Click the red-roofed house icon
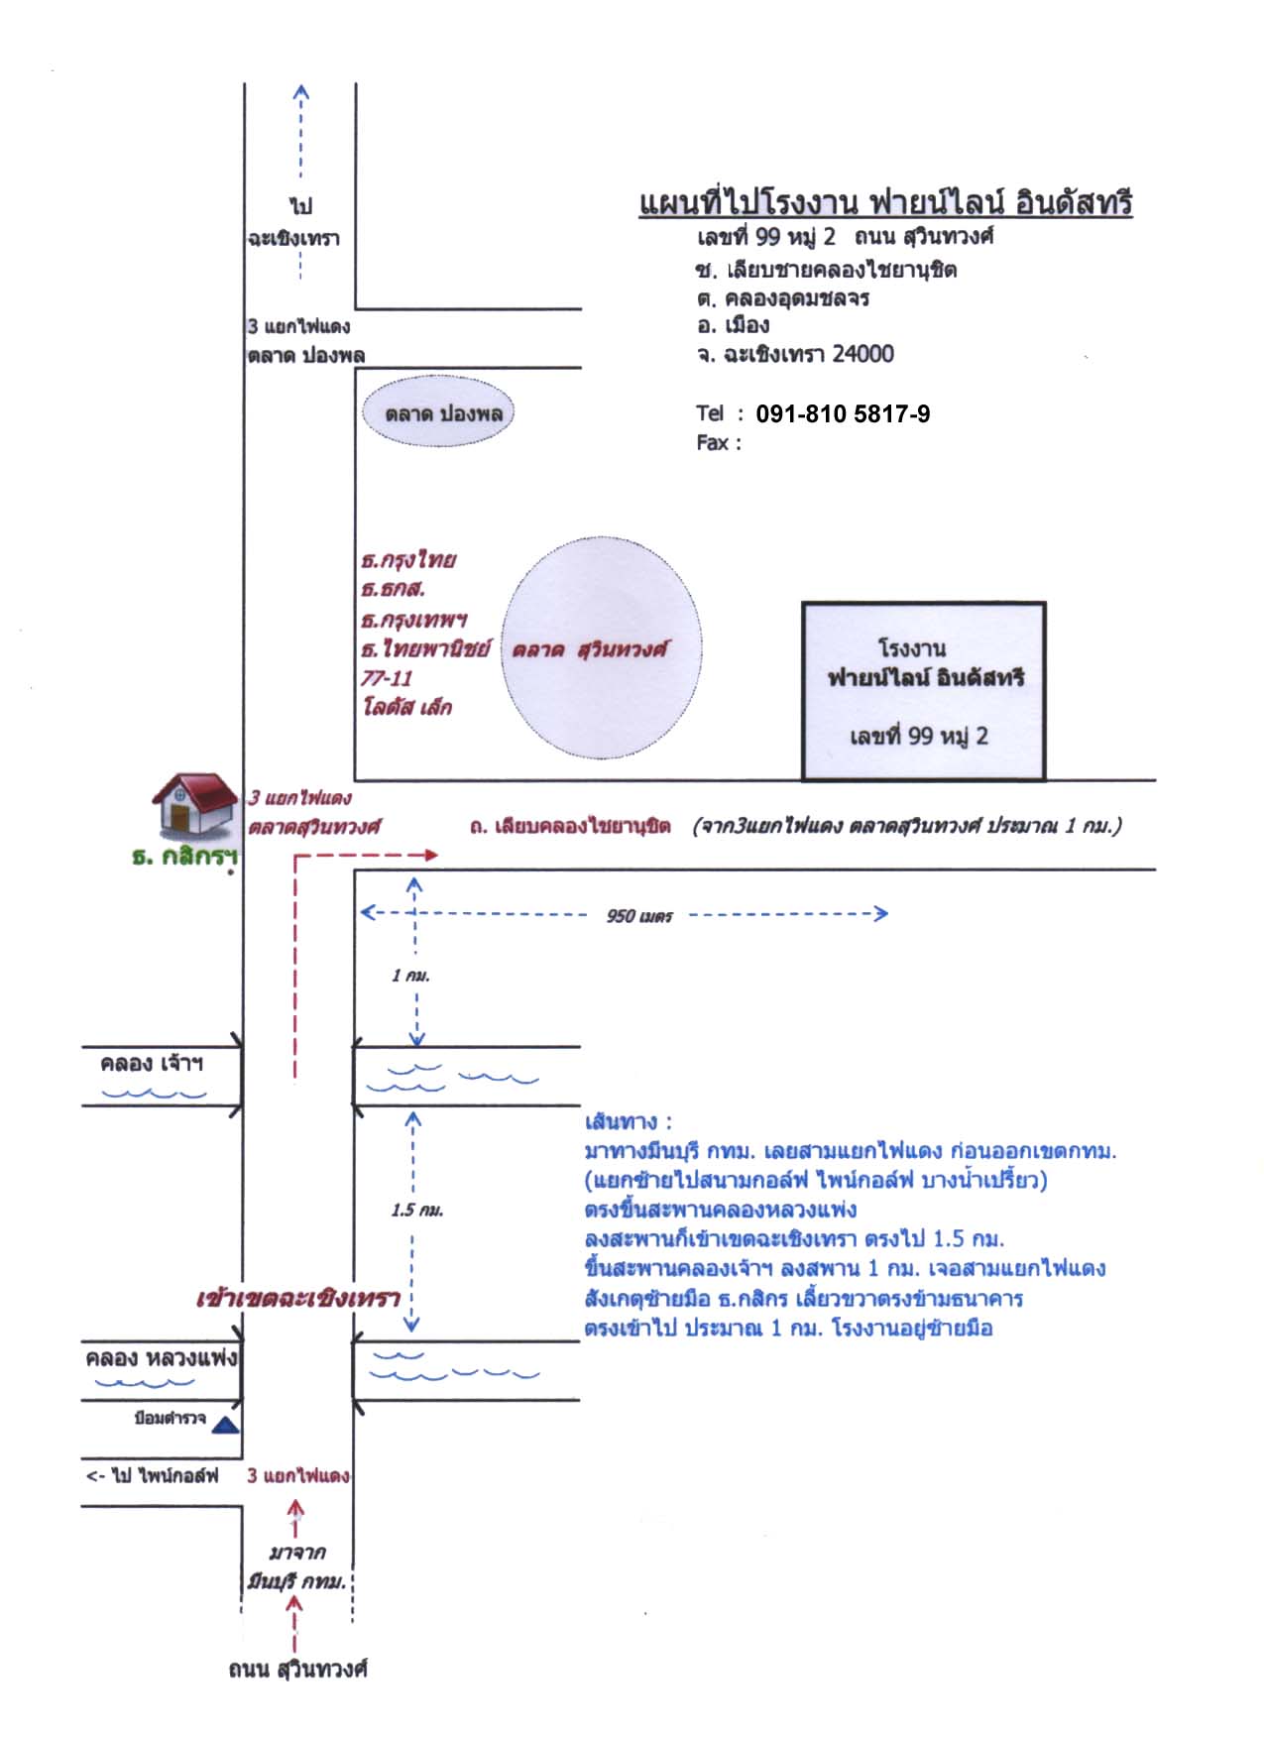(x=195, y=804)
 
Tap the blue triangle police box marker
(x=226, y=1425)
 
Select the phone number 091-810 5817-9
(x=843, y=414)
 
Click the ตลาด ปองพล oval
(x=437, y=412)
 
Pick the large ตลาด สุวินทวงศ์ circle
(x=601, y=648)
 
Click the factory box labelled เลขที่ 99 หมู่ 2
(x=924, y=691)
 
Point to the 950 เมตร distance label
(x=639, y=916)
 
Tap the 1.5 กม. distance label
(x=416, y=1210)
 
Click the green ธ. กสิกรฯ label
(x=184, y=857)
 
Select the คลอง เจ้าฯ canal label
(x=152, y=1064)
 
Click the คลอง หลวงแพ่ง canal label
(x=162, y=1357)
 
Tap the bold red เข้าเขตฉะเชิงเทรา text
(x=297, y=1299)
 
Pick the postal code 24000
(x=862, y=354)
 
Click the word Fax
(x=713, y=442)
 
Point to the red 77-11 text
(x=386, y=678)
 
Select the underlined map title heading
(x=885, y=202)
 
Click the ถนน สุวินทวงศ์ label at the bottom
(x=297, y=1670)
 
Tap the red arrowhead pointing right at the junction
(x=429, y=855)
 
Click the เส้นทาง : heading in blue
(x=629, y=1121)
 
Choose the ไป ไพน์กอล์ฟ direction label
(x=153, y=1475)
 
